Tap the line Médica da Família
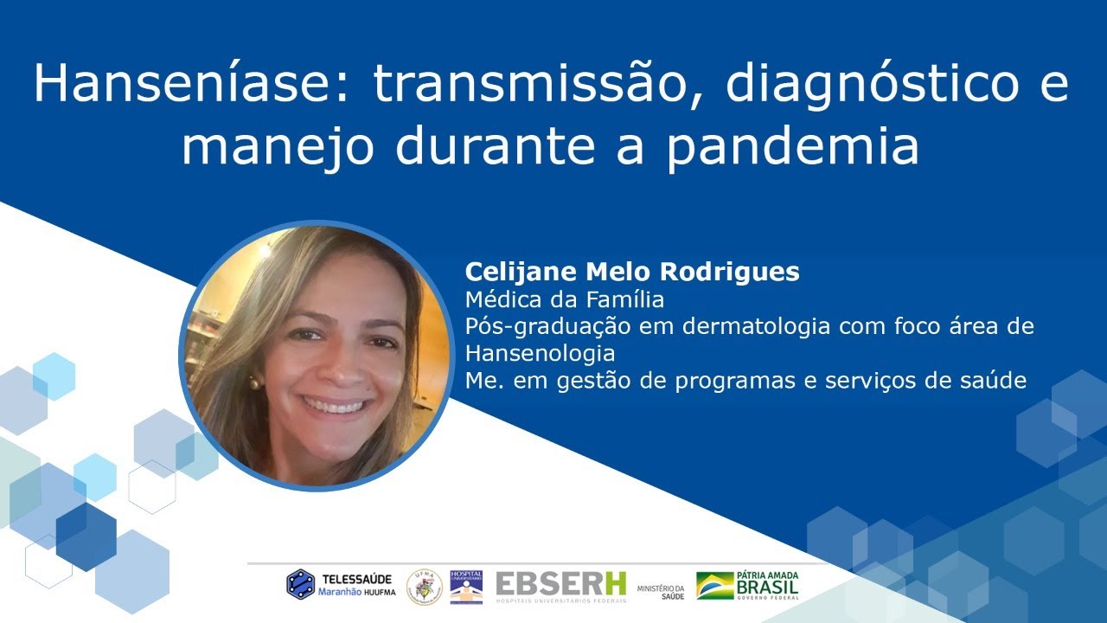(x=564, y=299)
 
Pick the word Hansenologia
(x=540, y=353)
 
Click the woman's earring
(x=255, y=381)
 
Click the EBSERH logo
(x=560, y=586)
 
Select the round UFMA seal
(x=424, y=586)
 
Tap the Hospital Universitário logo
(x=466, y=586)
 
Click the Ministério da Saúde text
(x=661, y=591)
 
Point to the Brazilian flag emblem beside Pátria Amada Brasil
(x=714, y=586)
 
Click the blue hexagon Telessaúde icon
(x=300, y=584)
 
